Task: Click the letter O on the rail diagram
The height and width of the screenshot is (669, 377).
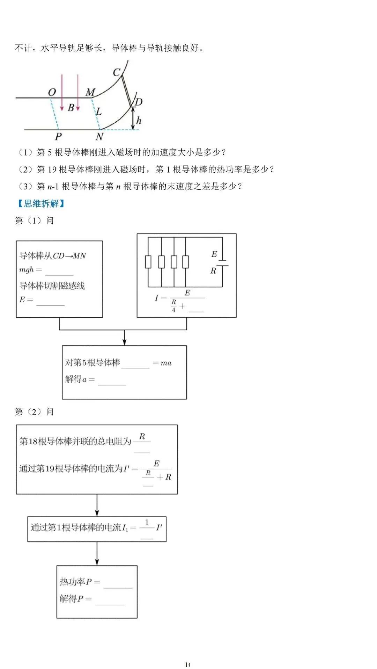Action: click(x=52, y=92)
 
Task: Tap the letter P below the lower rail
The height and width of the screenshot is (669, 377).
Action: click(x=58, y=136)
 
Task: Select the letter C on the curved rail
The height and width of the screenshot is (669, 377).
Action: click(x=117, y=72)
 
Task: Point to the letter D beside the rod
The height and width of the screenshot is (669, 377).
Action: click(x=139, y=102)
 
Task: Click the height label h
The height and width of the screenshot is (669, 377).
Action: click(x=139, y=121)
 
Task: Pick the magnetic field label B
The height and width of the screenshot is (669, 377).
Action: click(x=71, y=108)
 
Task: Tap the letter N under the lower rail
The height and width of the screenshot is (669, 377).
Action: click(x=99, y=137)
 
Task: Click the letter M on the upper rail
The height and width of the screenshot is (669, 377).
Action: click(x=90, y=92)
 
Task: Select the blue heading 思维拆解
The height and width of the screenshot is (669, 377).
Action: click(x=41, y=203)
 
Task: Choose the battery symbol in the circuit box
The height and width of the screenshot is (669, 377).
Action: click(x=222, y=263)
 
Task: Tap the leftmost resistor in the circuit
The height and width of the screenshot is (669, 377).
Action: click(x=148, y=261)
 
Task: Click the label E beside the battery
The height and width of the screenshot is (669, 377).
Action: click(x=214, y=254)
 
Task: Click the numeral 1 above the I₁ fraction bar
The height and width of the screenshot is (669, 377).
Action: click(x=147, y=523)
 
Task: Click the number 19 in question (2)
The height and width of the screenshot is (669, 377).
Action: click(x=52, y=170)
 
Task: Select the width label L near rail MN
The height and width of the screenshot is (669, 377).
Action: click(x=99, y=112)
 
